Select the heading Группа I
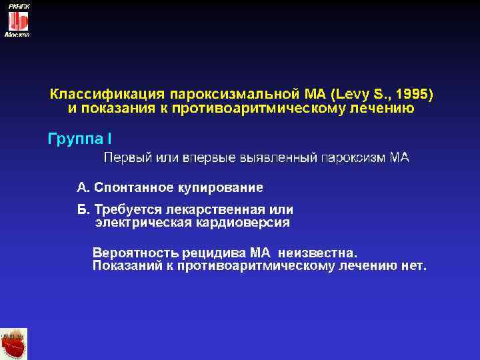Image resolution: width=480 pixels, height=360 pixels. [81, 139]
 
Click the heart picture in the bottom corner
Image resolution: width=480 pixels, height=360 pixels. [14, 344]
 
